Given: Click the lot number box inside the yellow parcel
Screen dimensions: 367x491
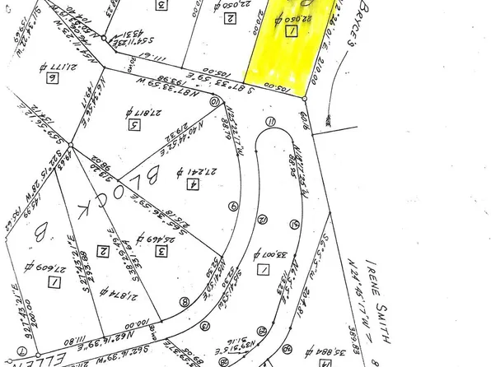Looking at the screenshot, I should (292, 31).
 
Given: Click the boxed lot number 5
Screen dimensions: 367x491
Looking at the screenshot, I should (133, 125).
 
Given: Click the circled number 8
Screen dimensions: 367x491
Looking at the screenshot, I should (184, 302).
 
